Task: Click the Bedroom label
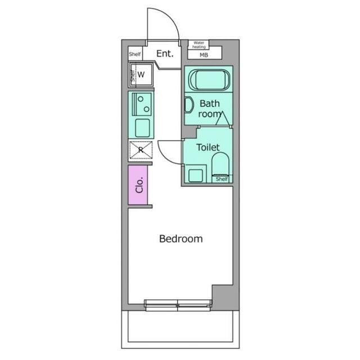click(x=181, y=238)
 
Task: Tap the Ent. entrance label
click(x=165, y=54)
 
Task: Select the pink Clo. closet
click(x=138, y=185)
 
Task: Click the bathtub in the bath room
click(x=209, y=80)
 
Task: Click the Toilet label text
click(x=208, y=147)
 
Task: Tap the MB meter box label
click(x=204, y=55)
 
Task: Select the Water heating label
click(x=199, y=45)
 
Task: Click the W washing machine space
click(x=141, y=75)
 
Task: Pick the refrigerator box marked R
click(x=141, y=150)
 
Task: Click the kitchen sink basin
click(x=142, y=128)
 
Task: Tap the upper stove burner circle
click(x=141, y=99)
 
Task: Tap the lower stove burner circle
click(x=146, y=109)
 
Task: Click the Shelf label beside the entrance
click(x=135, y=54)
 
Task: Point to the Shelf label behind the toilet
click(x=222, y=179)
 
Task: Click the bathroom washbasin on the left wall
click(x=189, y=105)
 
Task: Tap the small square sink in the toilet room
click(x=196, y=175)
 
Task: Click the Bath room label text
click(x=210, y=109)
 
